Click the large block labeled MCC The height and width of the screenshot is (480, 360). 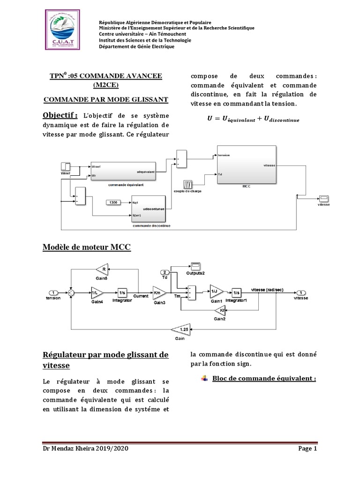(x=246, y=165)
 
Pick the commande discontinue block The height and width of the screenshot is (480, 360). (x=148, y=209)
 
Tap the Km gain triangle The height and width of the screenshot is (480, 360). (x=158, y=292)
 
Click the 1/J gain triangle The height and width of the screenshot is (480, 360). (x=216, y=292)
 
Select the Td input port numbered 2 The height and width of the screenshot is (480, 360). (x=165, y=272)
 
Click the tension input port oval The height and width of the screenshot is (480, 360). (x=54, y=292)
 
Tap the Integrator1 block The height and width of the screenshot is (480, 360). (x=237, y=292)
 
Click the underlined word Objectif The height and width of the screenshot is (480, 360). (x=60, y=115)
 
